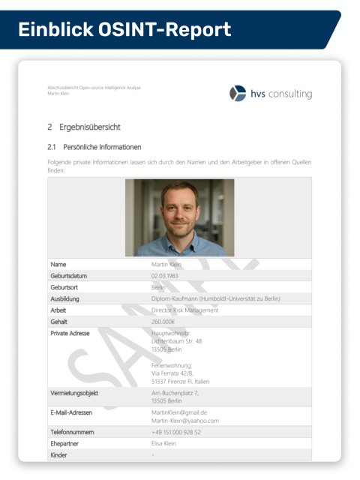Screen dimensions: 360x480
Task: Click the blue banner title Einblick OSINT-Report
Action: (124, 29)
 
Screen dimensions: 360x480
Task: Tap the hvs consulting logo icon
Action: (238, 94)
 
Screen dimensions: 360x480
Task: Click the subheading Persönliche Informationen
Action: (102, 147)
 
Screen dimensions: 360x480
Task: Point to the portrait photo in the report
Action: (179, 217)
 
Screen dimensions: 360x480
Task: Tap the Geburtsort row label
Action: (65, 287)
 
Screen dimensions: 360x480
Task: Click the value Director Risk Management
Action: (184, 310)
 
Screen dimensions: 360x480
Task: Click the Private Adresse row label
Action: (71, 332)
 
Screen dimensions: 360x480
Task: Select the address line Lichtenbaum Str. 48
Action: (176, 340)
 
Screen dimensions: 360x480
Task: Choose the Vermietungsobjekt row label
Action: (74, 393)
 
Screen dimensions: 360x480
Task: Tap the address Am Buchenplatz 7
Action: (175, 393)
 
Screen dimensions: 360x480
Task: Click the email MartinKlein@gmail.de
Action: (179, 412)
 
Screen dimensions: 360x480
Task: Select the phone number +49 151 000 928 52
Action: (175, 433)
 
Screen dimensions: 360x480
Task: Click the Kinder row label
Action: (59, 454)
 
